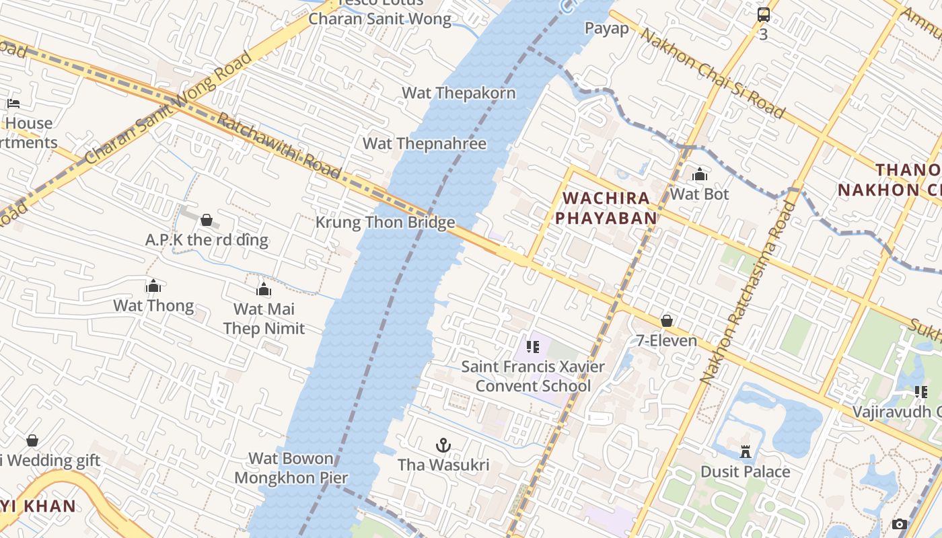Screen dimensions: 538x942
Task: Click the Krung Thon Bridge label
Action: pos(385,223)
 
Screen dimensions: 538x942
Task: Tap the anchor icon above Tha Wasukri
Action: pos(443,445)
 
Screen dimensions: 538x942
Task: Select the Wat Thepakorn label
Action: pos(458,93)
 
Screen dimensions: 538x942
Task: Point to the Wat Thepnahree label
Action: pos(424,143)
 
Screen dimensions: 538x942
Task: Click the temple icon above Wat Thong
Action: pos(153,286)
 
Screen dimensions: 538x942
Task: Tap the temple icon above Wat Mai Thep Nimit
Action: pos(264,289)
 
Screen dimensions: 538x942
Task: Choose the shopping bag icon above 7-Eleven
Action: pos(667,321)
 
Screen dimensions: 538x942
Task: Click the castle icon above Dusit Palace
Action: pos(745,451)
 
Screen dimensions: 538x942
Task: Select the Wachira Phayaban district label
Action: pos(610,208)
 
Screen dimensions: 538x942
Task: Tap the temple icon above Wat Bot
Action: pos(700,175)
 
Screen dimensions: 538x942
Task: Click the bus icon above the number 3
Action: pos(763,15)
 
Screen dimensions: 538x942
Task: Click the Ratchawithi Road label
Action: pos(279,146)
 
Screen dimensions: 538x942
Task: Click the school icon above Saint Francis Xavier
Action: pos(533,347)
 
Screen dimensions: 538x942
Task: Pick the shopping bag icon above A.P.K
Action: pos(207,220)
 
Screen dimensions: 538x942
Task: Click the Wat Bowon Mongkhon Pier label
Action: pos(291,468)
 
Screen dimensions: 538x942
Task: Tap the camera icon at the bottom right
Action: pos(899,524)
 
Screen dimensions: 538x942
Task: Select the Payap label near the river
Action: pos(606,28)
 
